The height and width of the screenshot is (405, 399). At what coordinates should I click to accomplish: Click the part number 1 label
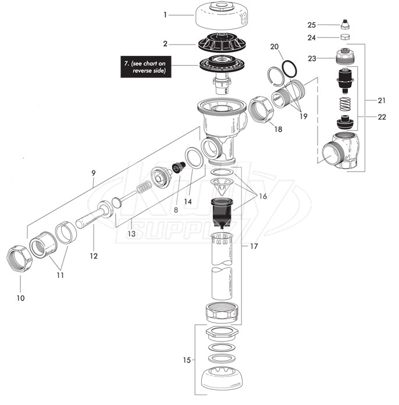pyautogui.click(x=165, y=15)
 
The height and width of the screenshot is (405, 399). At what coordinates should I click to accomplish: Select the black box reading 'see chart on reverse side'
pyautogui.click(x=146, y=67)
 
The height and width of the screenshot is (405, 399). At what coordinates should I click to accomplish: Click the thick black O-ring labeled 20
pyautogui.click(x=290, y=69)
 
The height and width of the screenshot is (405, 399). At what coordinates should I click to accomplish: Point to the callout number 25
pyautogui.click(x=311, y=25)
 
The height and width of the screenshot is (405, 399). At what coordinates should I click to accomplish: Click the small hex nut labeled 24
pyautogui.click(x=345, y=37)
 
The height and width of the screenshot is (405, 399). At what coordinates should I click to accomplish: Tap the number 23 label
pyautogui.click(x=312, y=58)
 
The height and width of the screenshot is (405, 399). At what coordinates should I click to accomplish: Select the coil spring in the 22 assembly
pyautogui.click(x=345, y=104)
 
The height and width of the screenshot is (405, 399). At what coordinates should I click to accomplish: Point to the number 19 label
pyautogui.click(x=304, y=116)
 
